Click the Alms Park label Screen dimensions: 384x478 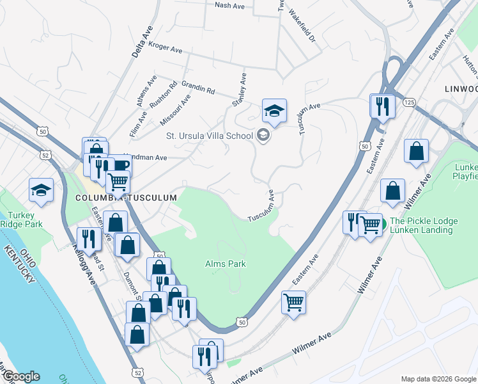(225, 264)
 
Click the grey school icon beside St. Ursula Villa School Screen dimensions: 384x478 (263, 135)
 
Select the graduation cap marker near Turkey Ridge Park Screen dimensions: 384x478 (41, 191)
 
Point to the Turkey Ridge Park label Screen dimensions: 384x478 (23, 220)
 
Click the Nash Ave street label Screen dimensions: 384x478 (231, 5)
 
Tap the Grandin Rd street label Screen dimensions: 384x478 (198, 87)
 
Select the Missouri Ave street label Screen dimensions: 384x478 (175, 109)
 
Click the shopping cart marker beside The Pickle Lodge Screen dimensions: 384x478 (370, 225)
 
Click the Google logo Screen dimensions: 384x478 (20, 377)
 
